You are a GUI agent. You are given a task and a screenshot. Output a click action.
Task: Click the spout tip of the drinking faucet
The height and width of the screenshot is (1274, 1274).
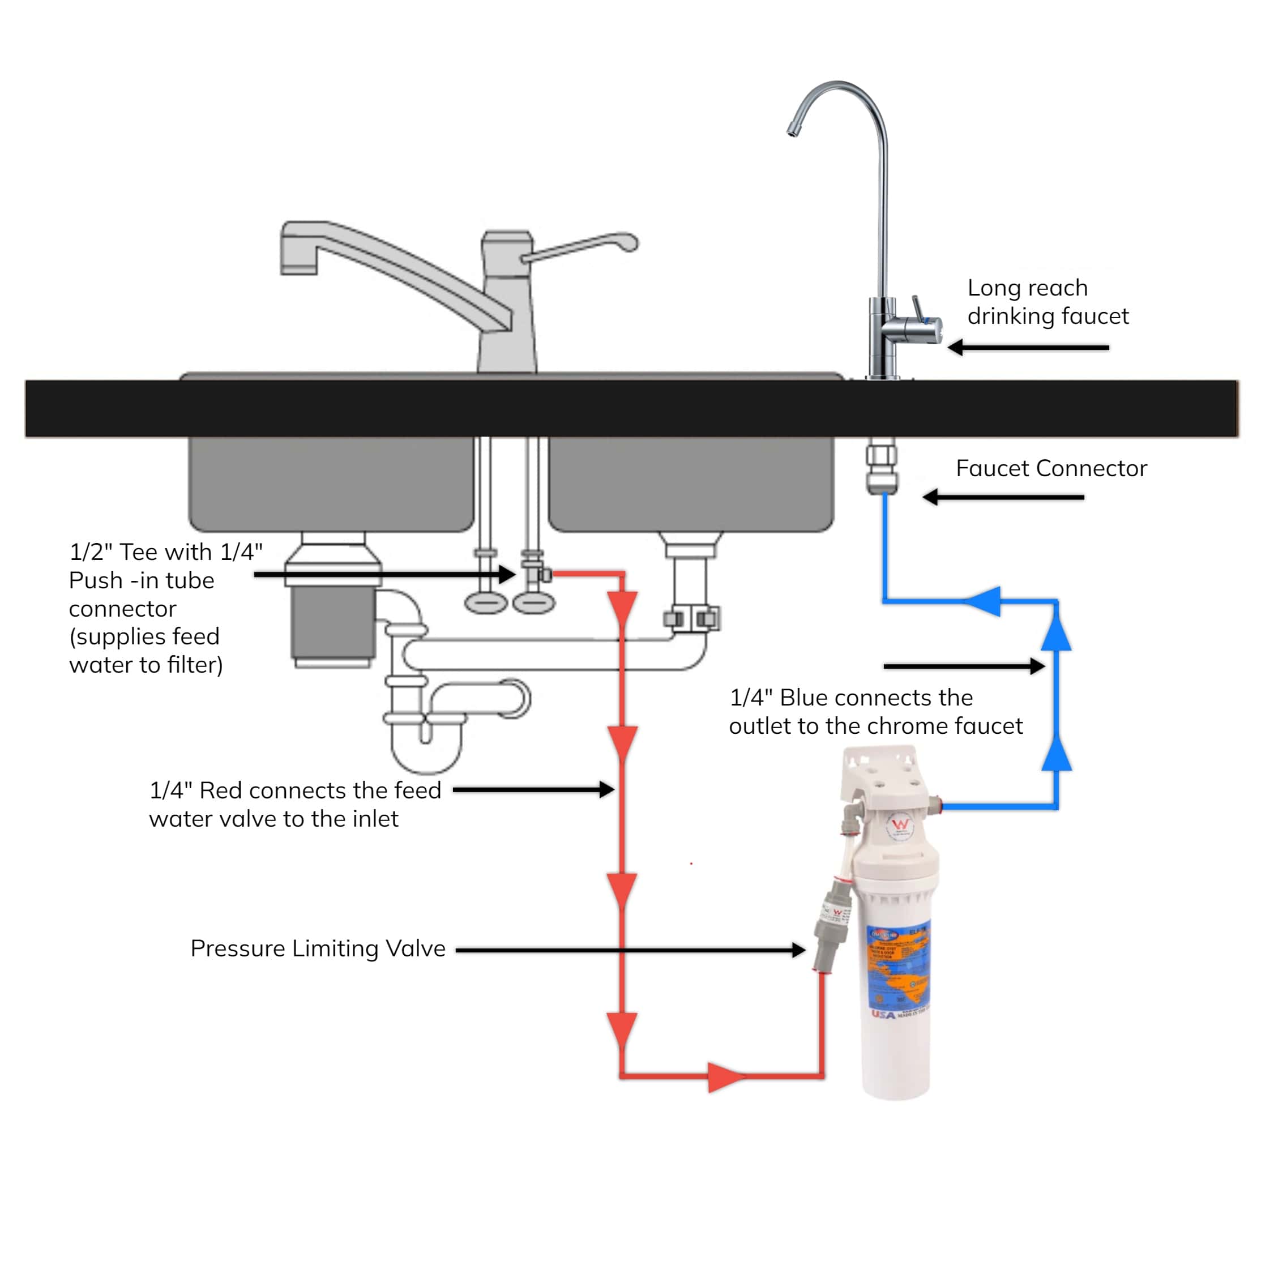coord(793,131)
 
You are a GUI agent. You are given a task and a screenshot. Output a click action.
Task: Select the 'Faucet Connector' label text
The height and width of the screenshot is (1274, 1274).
coord(1051,468)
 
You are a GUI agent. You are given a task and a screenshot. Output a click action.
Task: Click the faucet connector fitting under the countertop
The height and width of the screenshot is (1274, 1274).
coord(881,469)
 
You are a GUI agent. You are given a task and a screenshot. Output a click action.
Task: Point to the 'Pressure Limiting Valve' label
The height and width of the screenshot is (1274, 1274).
coord(318,948)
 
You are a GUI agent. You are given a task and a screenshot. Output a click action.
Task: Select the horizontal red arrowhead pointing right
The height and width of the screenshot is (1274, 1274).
coord(725,1077)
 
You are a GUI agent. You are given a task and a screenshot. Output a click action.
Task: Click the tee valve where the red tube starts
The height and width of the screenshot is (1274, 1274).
coord(536,573)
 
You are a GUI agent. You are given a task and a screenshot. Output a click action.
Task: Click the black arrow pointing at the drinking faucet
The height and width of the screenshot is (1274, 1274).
coord(1028,348)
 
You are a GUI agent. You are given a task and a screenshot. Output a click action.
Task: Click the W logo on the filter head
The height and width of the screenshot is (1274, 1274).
coord(900,825)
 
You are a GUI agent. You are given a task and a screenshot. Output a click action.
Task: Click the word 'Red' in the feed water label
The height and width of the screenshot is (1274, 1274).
coord(221,790)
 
